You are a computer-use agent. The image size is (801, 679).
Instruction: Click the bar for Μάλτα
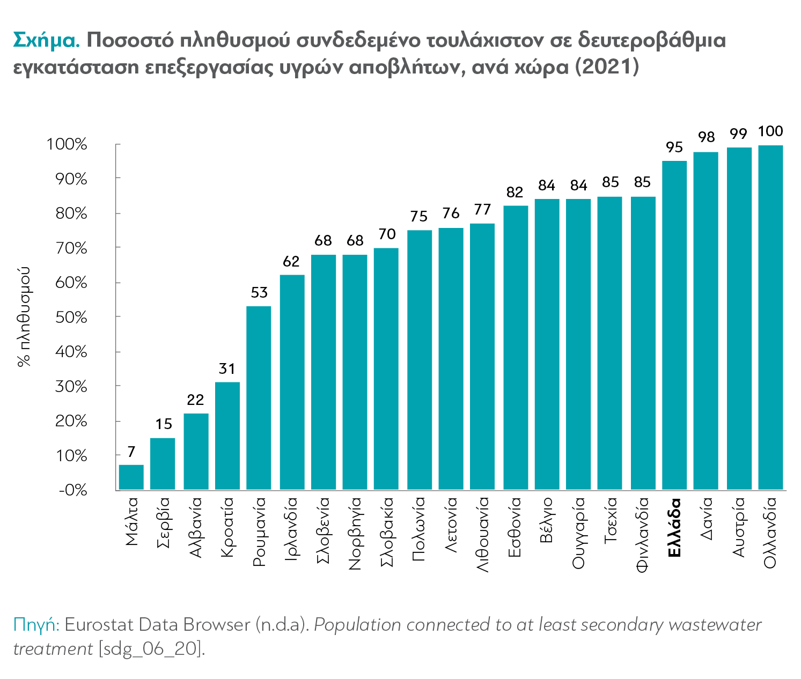131,477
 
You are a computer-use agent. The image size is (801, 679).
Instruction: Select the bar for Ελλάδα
674,325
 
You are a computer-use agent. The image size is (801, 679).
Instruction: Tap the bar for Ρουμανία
259,398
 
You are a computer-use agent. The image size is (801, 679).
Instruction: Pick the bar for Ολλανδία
770,318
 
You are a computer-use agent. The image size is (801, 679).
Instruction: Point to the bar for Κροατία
227,436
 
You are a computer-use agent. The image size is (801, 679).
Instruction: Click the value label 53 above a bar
259,293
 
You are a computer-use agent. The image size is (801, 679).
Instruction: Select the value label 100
770,131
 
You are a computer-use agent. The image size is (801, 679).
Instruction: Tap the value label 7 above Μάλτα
131,452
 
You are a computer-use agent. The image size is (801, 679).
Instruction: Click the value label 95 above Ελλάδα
674,147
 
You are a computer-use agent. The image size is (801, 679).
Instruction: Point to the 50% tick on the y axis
71,318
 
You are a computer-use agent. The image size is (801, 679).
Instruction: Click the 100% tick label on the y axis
67,144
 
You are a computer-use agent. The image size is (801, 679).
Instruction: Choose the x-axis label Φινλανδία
642,536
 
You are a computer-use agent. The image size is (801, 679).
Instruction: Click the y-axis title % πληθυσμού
24,316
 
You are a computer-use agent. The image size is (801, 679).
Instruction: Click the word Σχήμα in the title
46,40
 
